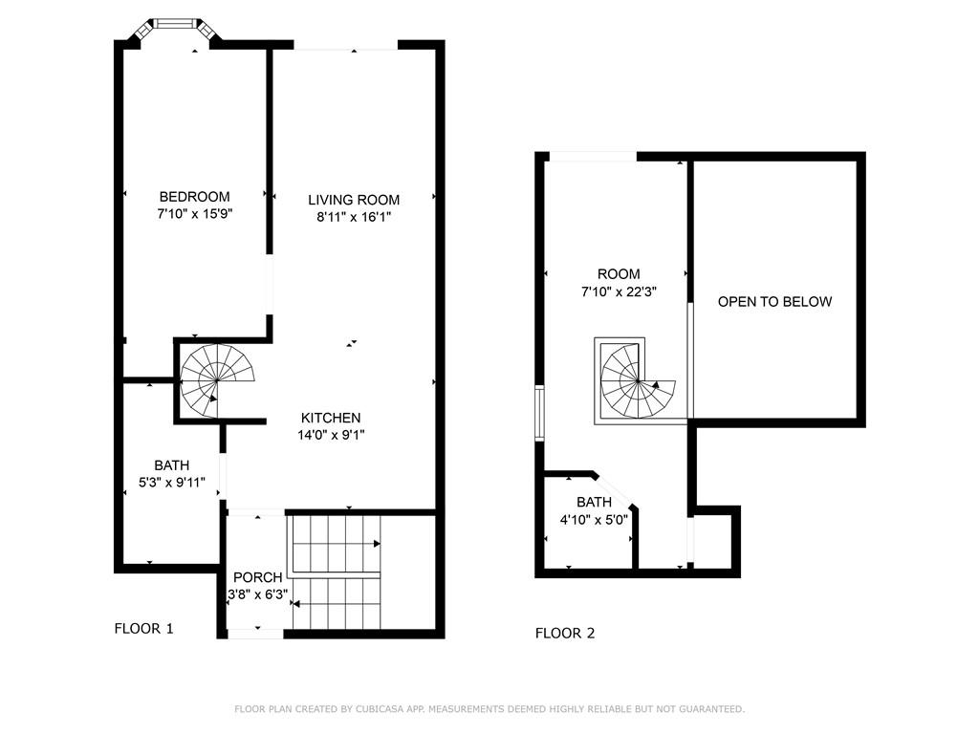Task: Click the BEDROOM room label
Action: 194,197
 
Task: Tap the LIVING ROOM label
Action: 354,200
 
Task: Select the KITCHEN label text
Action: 331,419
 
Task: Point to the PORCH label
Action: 258,577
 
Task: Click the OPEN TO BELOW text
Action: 774,302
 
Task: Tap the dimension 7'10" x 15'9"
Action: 195,214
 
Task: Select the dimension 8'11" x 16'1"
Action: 354,217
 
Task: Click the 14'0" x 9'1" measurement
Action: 331,435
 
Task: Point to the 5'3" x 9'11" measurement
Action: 172,483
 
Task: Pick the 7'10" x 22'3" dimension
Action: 619,291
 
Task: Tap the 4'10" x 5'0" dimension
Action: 594,519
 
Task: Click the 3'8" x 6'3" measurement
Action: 258,594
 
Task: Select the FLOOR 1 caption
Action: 143,629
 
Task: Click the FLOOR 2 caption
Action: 565,634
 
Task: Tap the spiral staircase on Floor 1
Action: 217,380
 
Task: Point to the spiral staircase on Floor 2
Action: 638,380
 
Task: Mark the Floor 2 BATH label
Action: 594,503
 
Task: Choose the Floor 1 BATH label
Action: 172,465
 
